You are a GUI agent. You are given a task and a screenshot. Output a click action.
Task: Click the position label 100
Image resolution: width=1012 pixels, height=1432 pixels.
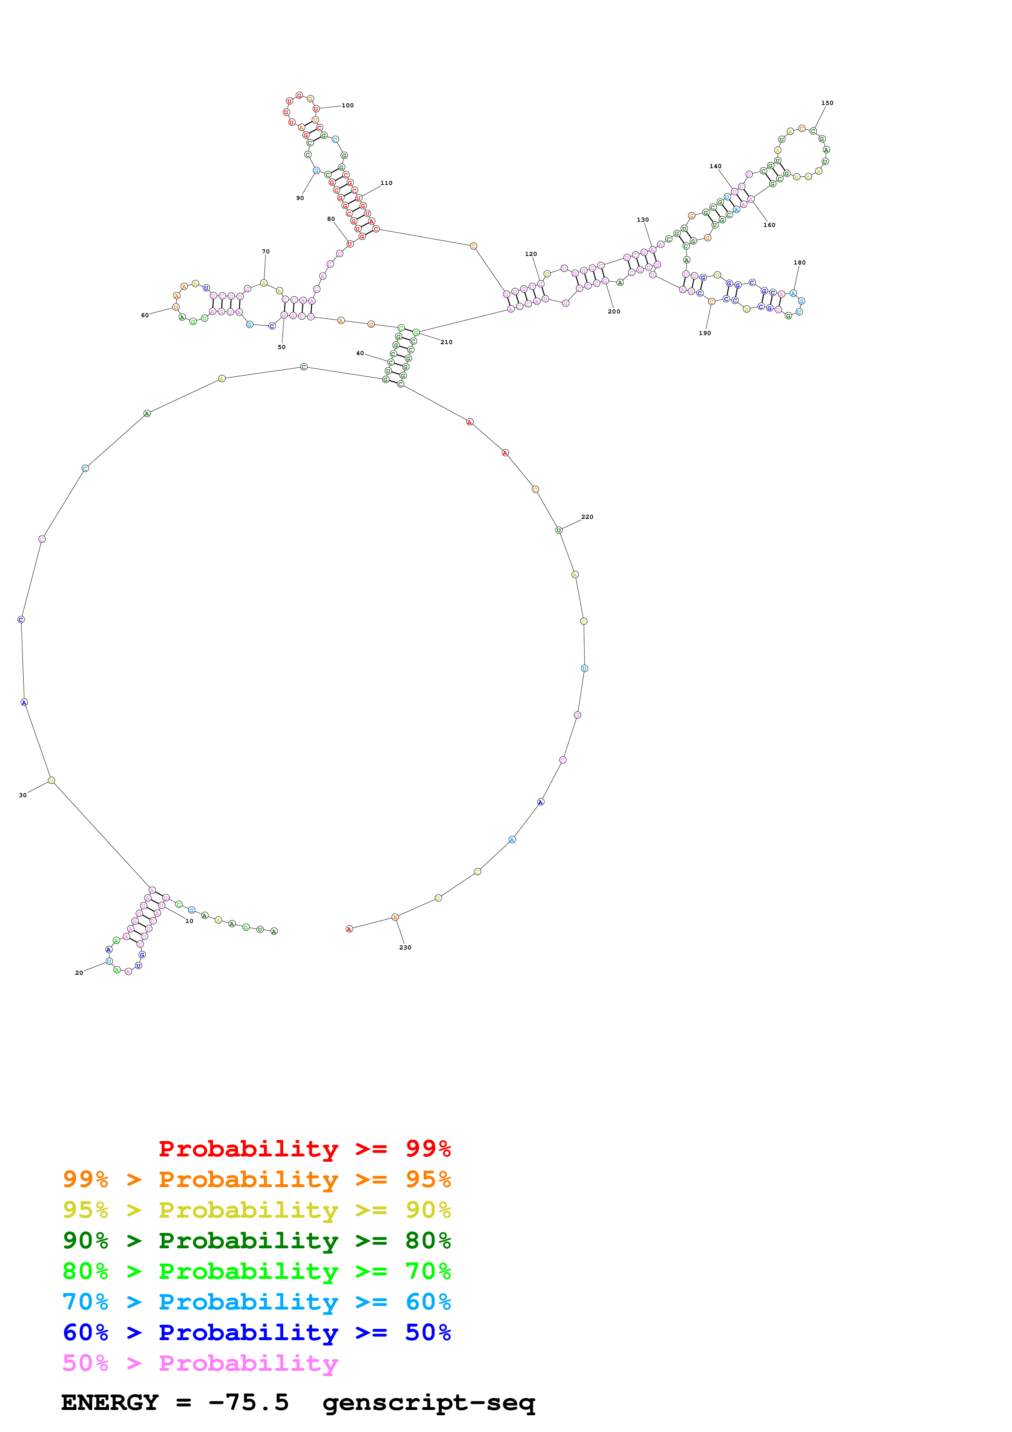(347, 105)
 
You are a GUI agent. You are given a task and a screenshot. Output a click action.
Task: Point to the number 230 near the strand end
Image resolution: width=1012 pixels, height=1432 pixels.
(405, 947)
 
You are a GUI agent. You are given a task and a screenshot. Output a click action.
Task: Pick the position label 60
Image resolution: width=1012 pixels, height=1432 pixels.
(145, 315)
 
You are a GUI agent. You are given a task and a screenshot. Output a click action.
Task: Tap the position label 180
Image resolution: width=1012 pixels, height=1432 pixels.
(799, 262)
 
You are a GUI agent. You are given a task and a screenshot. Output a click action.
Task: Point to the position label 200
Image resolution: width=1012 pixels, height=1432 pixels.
(614, 311)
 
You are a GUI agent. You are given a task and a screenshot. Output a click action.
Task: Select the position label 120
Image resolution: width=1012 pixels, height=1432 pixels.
(531, 254)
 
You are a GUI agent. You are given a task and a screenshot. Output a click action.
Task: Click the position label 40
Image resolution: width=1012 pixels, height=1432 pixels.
(360, 353)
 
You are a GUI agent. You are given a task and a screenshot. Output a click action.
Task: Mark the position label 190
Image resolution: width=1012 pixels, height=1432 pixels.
(705, 333)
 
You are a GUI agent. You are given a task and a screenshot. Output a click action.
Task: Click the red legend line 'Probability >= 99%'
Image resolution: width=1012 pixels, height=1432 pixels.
(304, 1149)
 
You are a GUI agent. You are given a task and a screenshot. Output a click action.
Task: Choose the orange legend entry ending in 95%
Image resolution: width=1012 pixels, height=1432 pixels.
(257, 1179)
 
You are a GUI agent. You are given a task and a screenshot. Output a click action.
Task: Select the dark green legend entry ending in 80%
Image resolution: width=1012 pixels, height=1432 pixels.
(257, 1241)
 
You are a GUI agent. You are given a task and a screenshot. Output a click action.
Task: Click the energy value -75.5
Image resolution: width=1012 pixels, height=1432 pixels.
(248, 1402)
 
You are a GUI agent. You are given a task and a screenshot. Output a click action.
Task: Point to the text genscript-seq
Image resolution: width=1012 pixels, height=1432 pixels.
(429, 1402)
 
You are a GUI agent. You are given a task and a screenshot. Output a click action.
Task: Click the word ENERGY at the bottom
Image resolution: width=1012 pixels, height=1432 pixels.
(110, 1402)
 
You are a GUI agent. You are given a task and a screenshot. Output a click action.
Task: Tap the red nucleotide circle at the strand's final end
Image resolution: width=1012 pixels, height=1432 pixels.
(349, 929)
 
